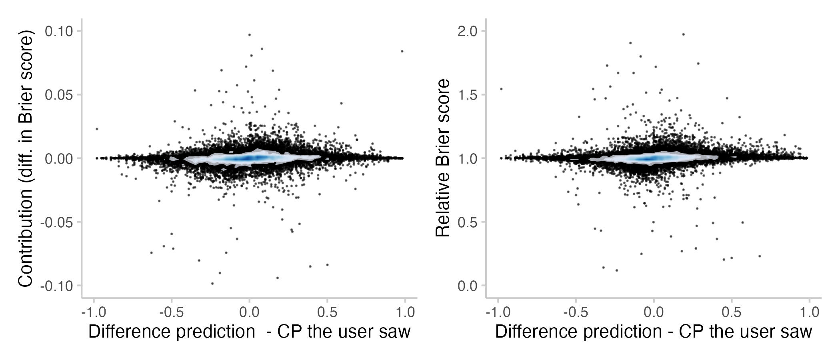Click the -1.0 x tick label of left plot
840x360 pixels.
point(94,312)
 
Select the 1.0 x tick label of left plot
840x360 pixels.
point(405,312)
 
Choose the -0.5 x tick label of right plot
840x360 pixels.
point(576,312)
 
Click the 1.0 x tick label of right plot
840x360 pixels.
point(809,312)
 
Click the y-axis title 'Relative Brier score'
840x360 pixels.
point(443,158)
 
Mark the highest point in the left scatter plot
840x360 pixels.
point(249,35)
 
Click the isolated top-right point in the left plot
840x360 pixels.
point(402,51)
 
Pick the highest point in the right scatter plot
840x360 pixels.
point(683,34)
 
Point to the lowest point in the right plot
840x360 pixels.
point(616,270)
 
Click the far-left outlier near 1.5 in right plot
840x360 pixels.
point(501,89)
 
